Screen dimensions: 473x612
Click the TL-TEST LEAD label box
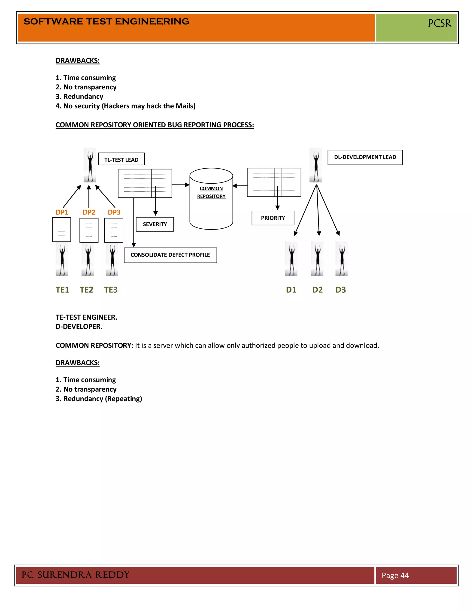tap(121, 159)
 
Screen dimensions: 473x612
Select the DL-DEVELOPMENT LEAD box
tap(365, 158)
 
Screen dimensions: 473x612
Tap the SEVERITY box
tap(155, 224)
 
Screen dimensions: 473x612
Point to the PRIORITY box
tap(273, 218)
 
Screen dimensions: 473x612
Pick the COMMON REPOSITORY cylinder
tap(211, 199)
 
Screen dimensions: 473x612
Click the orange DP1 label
tap(62, 212)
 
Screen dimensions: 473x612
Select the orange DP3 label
tap(114, 212)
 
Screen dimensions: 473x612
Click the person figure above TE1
tap(62, 259)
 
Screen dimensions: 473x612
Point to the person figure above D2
tap(317, 259)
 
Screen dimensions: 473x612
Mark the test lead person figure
tap(90, 165)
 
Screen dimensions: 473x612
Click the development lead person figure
tap(315, 165)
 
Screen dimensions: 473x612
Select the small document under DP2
tap(89, 230)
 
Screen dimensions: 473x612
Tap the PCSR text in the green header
tap(439, 23)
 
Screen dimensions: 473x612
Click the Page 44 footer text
tap(395, 575)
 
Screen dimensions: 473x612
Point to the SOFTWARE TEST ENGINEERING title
tap(106, 21)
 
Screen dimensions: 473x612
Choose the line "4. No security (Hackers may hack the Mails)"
tap(126, 106)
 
